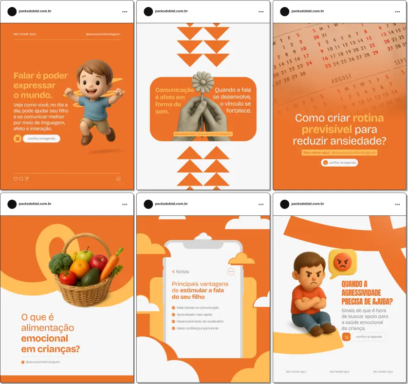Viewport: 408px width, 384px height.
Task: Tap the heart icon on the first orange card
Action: [x=16, y=179]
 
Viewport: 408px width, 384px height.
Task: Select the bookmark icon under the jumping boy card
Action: [x=118, y=179]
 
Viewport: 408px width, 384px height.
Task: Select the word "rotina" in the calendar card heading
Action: [x=368, y=118]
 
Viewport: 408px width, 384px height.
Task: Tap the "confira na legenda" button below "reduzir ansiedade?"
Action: [x=339, y=162]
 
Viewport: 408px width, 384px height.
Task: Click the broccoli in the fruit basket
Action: [x=60, y=263]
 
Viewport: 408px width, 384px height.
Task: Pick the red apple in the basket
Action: [x=98, y=264]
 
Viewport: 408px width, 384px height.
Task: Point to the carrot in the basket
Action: [x=111, y=262]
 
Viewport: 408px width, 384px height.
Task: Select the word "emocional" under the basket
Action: [x=44, y=338]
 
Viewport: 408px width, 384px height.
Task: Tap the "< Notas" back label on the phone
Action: [x=181, y=271]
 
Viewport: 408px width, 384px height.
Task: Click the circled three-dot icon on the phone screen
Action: [x=231, y=271]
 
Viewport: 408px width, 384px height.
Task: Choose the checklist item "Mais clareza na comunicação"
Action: [x=198, y=307]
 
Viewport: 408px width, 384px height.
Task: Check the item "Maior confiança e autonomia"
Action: [x=197, y=328]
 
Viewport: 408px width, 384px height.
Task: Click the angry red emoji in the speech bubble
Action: [x=343, y=264]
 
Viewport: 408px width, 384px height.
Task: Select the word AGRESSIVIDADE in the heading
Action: [x=361, y=292]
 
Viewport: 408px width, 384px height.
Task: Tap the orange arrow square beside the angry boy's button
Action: [x=346, y=336]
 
